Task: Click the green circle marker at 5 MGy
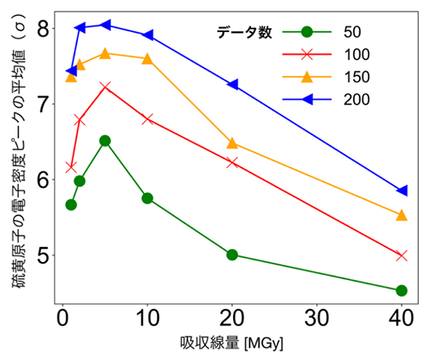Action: pyautogui.click(x=105, y=141)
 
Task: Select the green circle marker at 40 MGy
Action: pyautogui.click(x=402, y=290)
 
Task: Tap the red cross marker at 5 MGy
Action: pyautogui.click(x=105, y=86)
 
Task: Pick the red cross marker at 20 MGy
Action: pyautogui.click(x=232, y=162)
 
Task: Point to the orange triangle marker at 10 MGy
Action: pyautogui.click(x=147, y=59)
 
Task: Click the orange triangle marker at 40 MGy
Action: pyautogui.click(x=402, y=215)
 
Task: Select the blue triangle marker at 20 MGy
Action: pyautogui.click(x=232, y=85)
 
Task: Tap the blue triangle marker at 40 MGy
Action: pyautogui.click(x=402, y=190)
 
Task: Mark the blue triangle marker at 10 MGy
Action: pyautogui.click(x=147, y=35)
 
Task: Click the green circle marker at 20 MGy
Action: pyautogui.click(x=232, y=255)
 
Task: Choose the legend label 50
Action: pyautogui.click(x=353, y=32)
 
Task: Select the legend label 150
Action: pyautogui.click(x=357, y=77)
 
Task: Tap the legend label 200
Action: pyautogui.click(x=357, y=99)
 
